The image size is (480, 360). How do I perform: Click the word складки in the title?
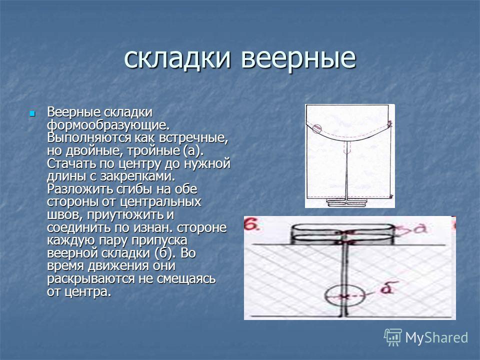point(177,58)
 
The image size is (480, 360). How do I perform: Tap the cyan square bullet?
point(32,114)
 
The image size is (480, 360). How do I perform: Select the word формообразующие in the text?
point(108,125)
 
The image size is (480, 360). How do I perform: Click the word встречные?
point(194,138)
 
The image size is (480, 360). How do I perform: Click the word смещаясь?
point(186,279)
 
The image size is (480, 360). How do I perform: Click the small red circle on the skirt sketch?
point(317,128)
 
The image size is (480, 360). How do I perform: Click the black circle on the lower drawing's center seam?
point(344,295)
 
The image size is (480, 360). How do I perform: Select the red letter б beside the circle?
point(386,288)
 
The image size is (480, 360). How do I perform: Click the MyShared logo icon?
point(393,337)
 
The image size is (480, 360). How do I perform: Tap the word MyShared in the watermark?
point(436,338)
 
